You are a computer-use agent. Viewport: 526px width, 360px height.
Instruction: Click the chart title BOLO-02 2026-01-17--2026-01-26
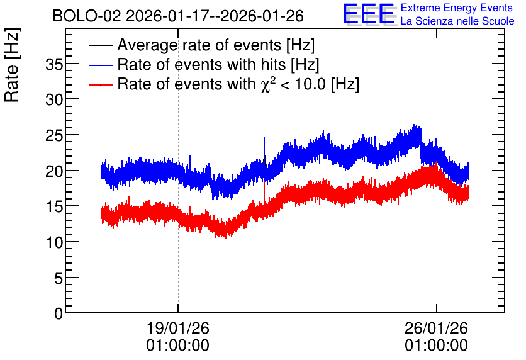(178, 16)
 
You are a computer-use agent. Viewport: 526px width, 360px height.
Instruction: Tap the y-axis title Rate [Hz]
(12, 65)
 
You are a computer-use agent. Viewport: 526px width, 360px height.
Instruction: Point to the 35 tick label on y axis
(54, 64)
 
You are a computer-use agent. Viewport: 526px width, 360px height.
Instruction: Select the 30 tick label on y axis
(54, 99)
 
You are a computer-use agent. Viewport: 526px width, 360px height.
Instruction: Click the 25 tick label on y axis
(54, 135)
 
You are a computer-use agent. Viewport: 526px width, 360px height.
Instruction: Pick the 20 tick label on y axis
(54, 171)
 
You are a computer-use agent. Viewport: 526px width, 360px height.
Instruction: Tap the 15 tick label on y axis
(54, 206)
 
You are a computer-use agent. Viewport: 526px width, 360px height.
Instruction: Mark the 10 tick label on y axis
(54, 242)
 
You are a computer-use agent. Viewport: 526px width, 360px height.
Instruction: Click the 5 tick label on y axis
(59, 278)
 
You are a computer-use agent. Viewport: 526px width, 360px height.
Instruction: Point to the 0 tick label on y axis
(59, 313)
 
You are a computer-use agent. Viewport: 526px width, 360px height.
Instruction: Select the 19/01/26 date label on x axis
(178, 328)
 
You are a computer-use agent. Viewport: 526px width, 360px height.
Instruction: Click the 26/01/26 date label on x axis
(436, 328)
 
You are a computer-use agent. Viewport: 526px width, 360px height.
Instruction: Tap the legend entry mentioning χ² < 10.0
(238, 84)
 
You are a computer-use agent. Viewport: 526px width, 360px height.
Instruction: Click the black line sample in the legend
(100, 45)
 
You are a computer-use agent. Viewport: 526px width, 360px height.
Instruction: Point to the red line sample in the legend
(100, 84)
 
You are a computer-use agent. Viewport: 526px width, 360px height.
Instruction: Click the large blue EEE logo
(369, 14)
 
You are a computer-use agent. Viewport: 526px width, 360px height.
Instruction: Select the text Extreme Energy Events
(457, 8)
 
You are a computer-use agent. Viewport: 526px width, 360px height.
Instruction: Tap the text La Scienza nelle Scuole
(457, 21)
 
